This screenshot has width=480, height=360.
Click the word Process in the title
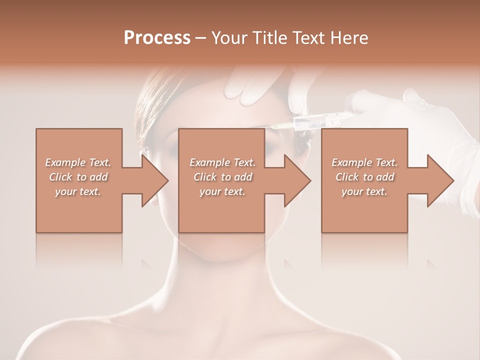157,38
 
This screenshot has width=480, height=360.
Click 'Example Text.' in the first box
78,162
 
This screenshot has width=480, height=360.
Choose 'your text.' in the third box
364,191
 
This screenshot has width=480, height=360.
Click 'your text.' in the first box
78,191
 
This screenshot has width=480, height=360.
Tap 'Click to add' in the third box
364,177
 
